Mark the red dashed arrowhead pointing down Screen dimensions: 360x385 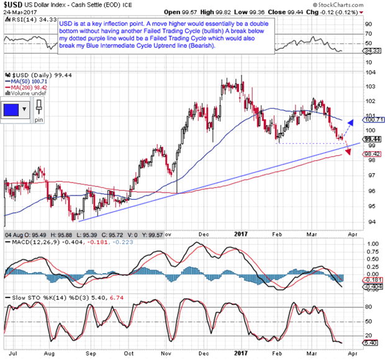coord(345,154)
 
